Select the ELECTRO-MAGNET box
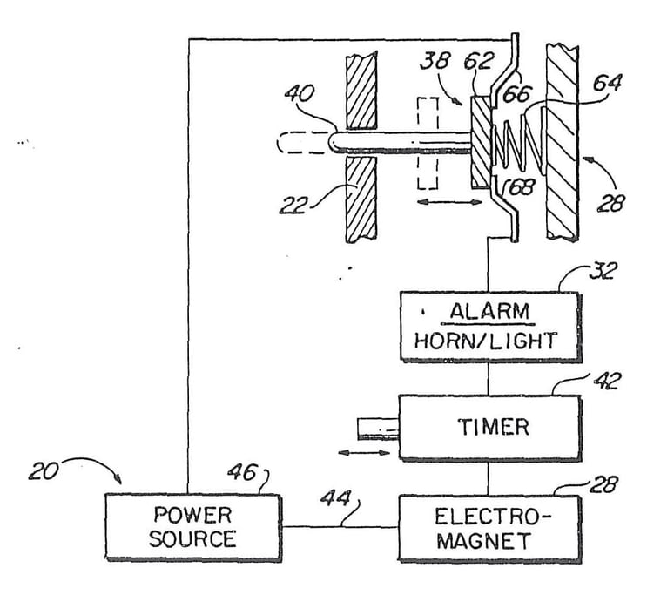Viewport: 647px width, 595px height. pos(489,528)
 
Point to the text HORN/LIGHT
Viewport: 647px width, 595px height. pos(489,341)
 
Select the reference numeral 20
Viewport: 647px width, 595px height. pos(44,474)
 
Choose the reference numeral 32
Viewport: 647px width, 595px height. pos(601,271)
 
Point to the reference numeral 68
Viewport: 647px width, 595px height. pos(518,186)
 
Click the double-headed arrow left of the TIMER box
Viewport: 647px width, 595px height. pos(365,453)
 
